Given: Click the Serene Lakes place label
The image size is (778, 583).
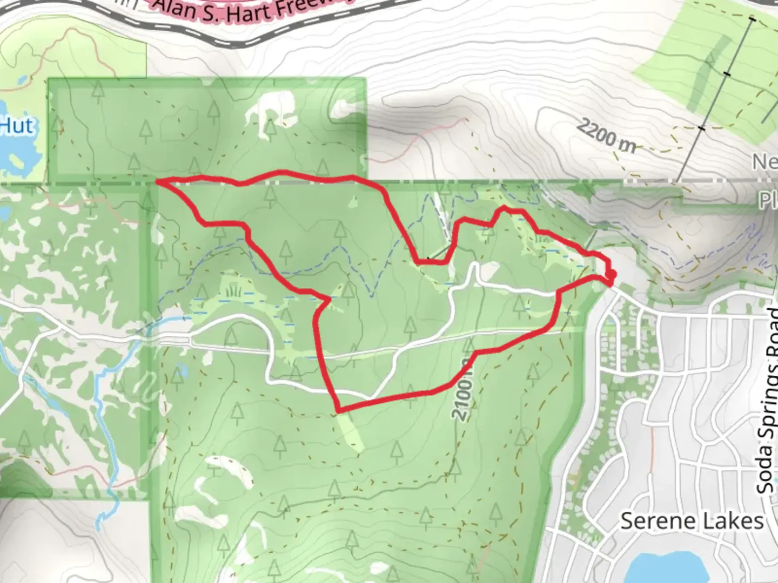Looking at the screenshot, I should point(692,521).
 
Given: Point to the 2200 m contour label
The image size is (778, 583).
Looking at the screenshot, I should point(605,135).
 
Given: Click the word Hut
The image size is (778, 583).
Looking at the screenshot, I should point(17,126).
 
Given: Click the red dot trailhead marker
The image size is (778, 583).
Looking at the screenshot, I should point(611,276).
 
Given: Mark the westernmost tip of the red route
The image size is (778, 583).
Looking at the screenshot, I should point(158,182).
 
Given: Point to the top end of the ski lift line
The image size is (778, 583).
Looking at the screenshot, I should point(752,19).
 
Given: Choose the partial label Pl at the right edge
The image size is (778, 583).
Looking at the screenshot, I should point(767,201).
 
